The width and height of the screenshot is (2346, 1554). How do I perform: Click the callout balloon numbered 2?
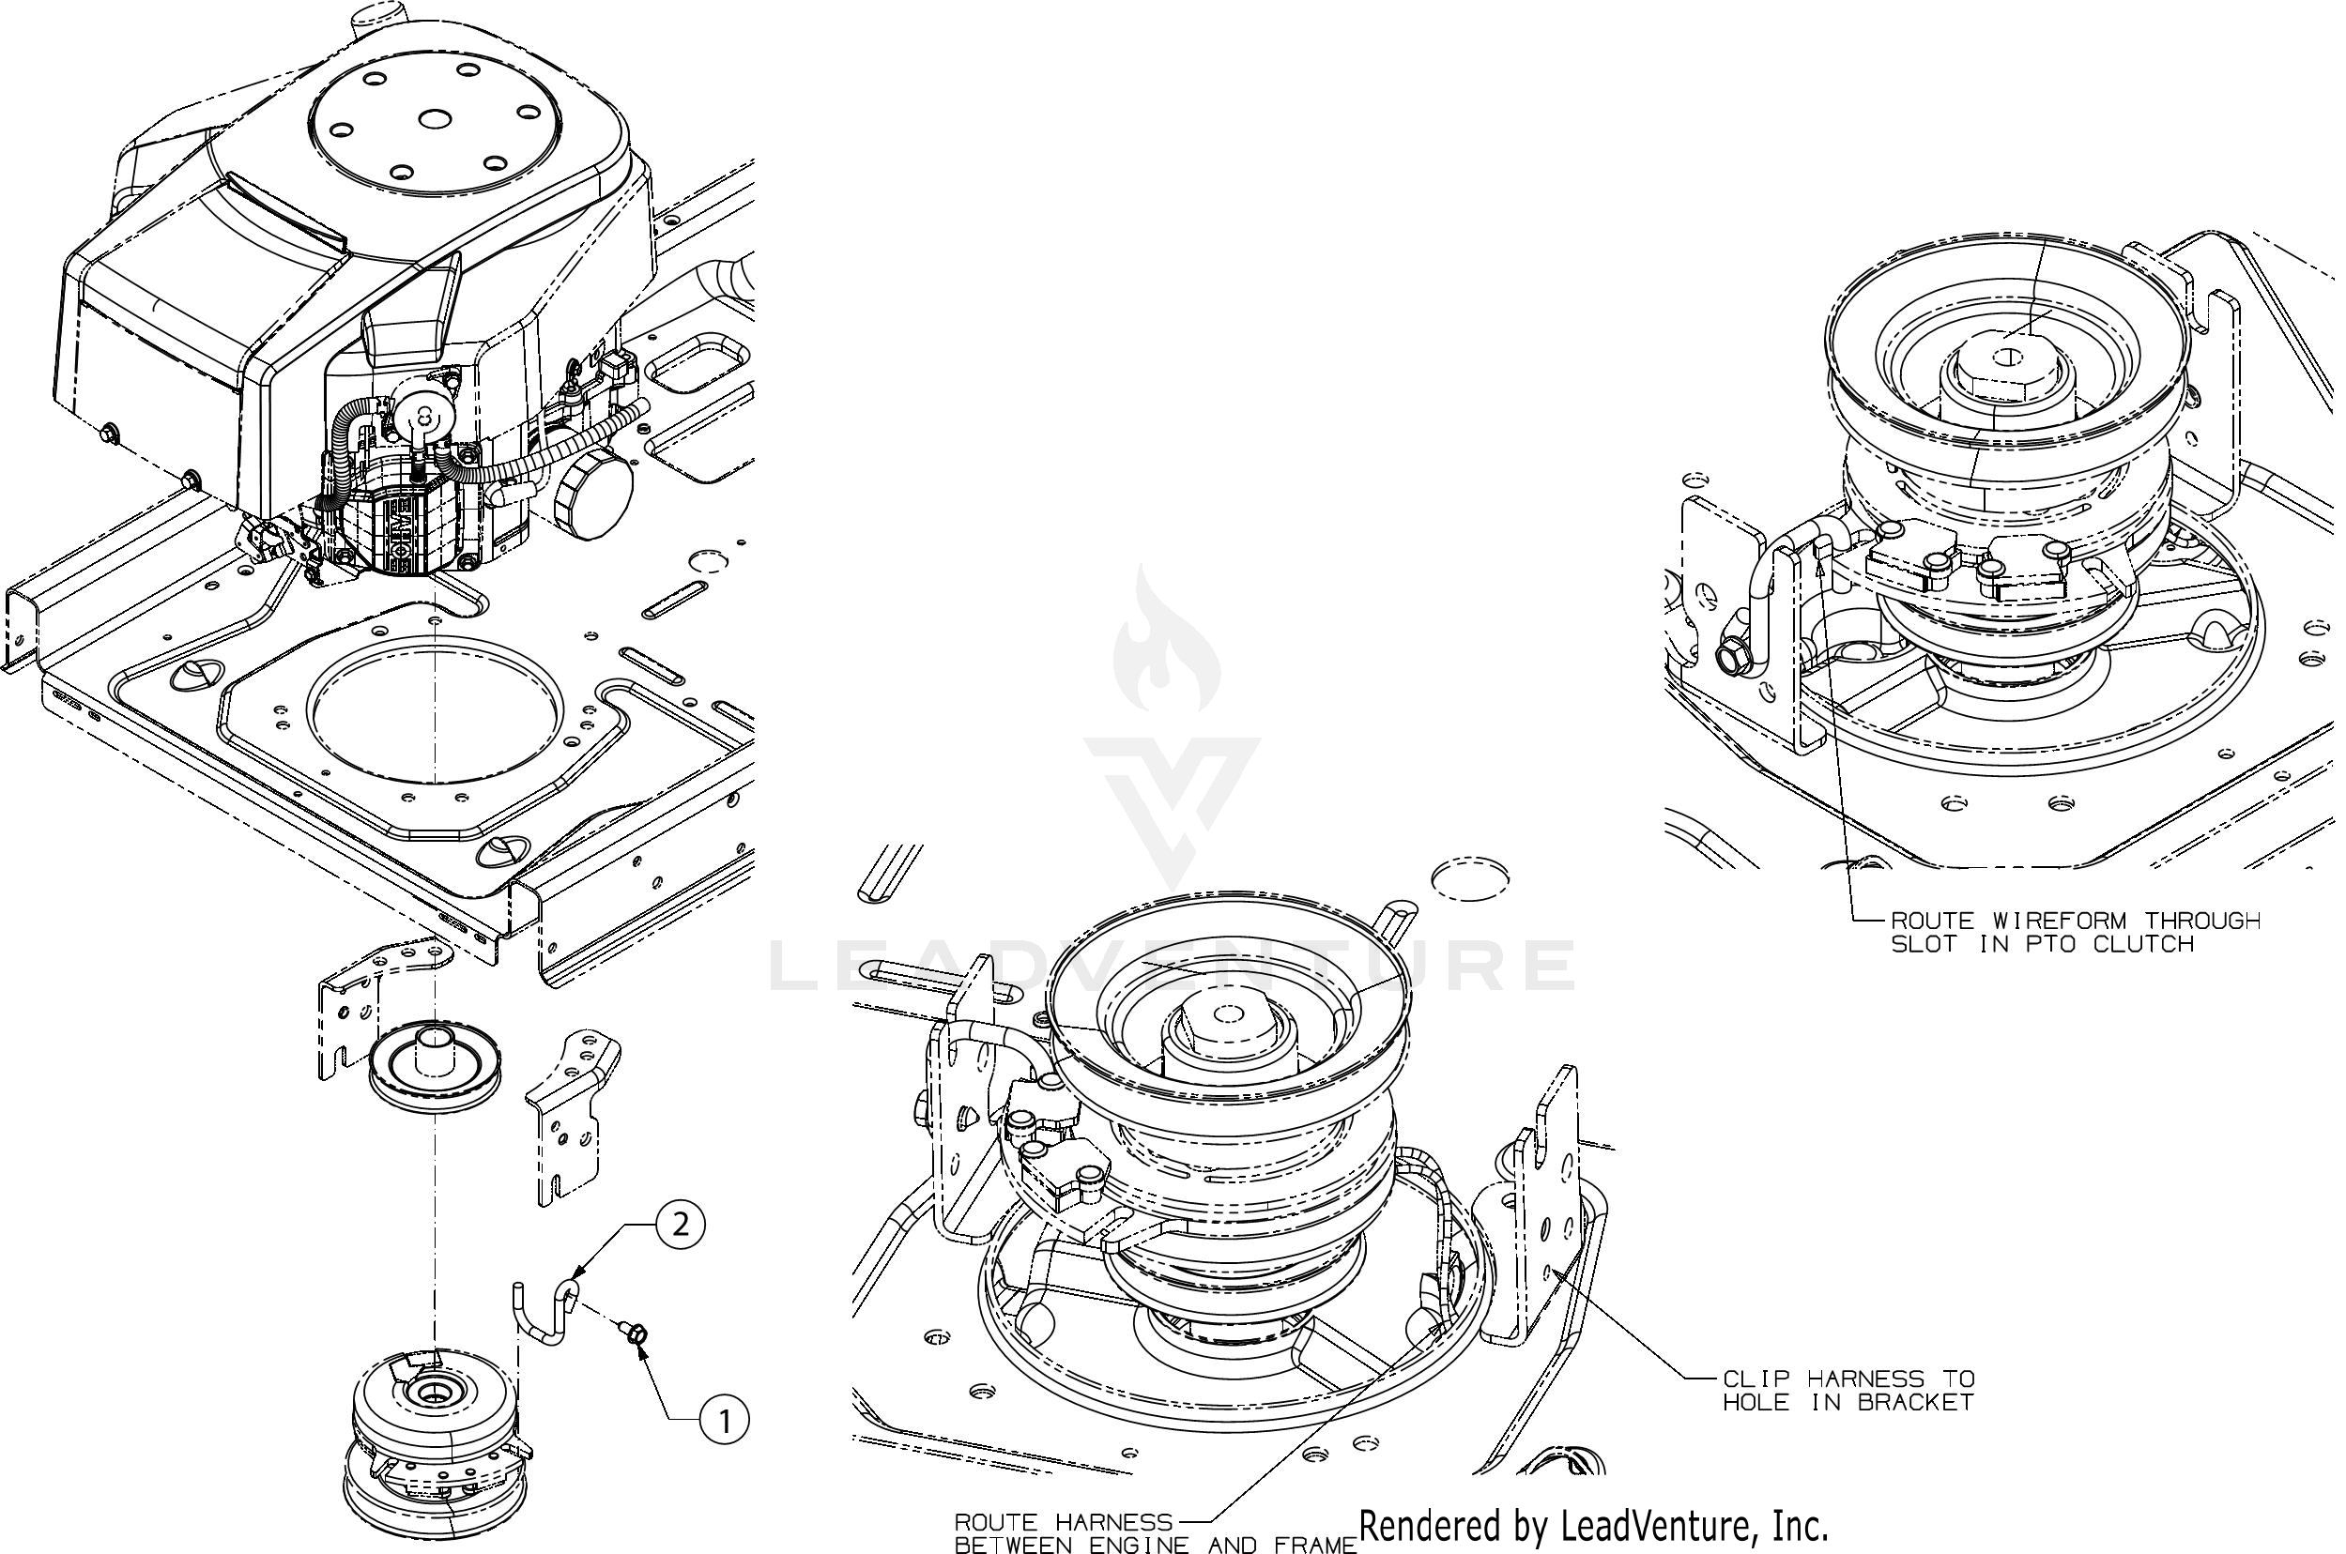681,1226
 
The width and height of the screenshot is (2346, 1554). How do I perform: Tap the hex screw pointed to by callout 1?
638,1336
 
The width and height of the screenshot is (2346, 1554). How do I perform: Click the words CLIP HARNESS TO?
1848,1379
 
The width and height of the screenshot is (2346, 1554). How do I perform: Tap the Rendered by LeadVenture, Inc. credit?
1593,1525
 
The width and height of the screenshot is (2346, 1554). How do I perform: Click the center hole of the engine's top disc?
434,119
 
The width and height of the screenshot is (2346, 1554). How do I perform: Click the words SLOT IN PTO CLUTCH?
2042,944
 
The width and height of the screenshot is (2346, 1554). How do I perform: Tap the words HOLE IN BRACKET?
1848,1402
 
